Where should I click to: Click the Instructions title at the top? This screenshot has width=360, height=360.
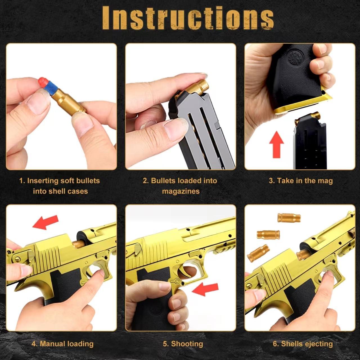(188, 17)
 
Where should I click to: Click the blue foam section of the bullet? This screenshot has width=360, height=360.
(51, 89)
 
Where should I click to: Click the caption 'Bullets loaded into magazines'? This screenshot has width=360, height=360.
(180, 186)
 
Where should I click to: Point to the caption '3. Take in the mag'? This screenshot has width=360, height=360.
(301, 181)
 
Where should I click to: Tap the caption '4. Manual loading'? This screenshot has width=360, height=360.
(62, 344)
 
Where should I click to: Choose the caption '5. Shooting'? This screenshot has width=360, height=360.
(183, 344)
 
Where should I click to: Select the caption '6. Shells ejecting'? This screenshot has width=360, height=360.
(303, 344)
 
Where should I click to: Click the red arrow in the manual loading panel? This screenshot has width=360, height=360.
(45, 222)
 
